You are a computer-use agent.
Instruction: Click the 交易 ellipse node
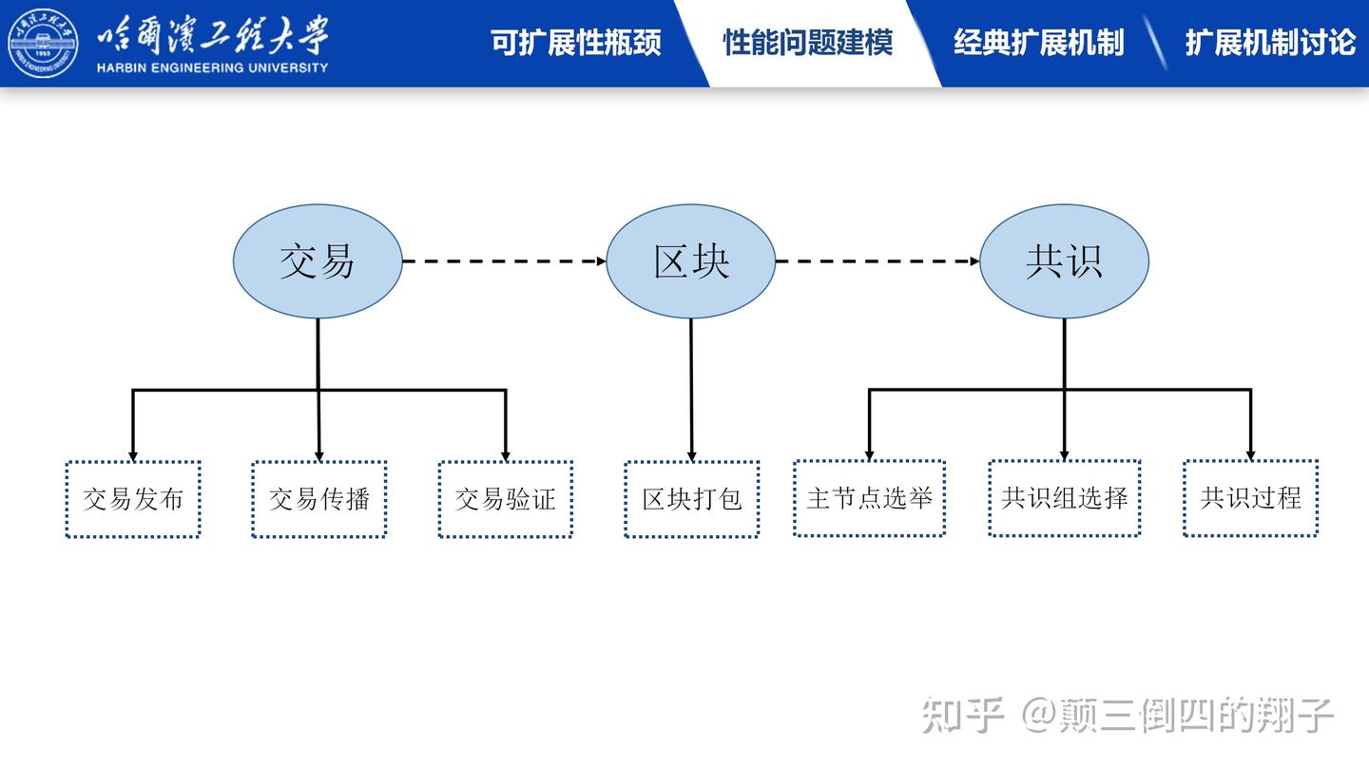[318, 261]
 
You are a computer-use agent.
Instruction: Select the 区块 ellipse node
[691, 261]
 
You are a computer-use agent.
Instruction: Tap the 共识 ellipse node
[1064, 261]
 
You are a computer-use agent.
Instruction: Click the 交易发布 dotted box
[133, 499]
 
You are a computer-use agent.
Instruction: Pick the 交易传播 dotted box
[319, 499]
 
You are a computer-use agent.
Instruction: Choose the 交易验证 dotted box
[505, 499]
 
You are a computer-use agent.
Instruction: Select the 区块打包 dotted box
[691, 499]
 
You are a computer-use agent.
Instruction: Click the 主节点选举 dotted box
[869, 498]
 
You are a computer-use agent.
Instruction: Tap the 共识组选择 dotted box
[1064, 498]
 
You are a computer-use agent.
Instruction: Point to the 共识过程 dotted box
[1250, 498]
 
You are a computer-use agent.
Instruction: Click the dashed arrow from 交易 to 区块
[504, 260]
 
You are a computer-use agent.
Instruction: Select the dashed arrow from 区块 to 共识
[877, 260]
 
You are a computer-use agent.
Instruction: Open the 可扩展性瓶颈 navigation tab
[576, 43]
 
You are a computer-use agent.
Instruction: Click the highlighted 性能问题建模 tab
[808, 43]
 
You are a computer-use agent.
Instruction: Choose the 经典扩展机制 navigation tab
[1039, 43]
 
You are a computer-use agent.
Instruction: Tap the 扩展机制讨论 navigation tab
[1270, 43]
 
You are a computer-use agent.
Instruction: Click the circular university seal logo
[43, 43]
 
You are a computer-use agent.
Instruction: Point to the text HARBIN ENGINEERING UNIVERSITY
[212, 67]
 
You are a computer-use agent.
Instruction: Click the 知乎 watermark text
[962, 716]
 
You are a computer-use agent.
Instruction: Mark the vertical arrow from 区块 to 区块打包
[691, 390]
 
